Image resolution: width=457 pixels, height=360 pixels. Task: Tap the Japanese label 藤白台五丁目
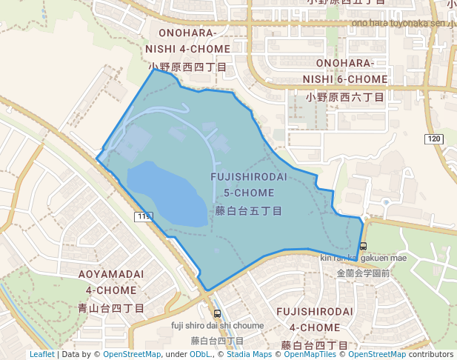[x=248, y=211]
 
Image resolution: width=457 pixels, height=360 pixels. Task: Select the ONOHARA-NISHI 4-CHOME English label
[x=187, y=40]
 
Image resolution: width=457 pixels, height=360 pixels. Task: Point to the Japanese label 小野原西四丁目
[x=187, y=67]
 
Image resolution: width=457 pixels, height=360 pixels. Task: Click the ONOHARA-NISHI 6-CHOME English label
[x=351, y=71]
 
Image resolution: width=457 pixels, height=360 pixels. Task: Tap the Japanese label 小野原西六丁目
[x=345, y=97]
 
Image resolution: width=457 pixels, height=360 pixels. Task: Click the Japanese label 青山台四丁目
[x=111, y=307]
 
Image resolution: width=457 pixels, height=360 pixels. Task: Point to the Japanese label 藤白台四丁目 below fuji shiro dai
[x=217, y=341]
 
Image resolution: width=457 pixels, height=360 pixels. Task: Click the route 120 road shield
[x=434, y=139]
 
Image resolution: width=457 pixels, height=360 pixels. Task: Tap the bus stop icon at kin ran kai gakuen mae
[x=362, y=246]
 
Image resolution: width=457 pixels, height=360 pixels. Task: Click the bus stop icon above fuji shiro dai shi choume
[x=216, y=313]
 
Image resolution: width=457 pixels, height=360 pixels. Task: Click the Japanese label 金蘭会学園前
[x=363, y=273]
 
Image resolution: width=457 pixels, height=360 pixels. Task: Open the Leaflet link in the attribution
[x=41, y=354]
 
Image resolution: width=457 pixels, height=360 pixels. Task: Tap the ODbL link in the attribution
[x=201, y=354]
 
